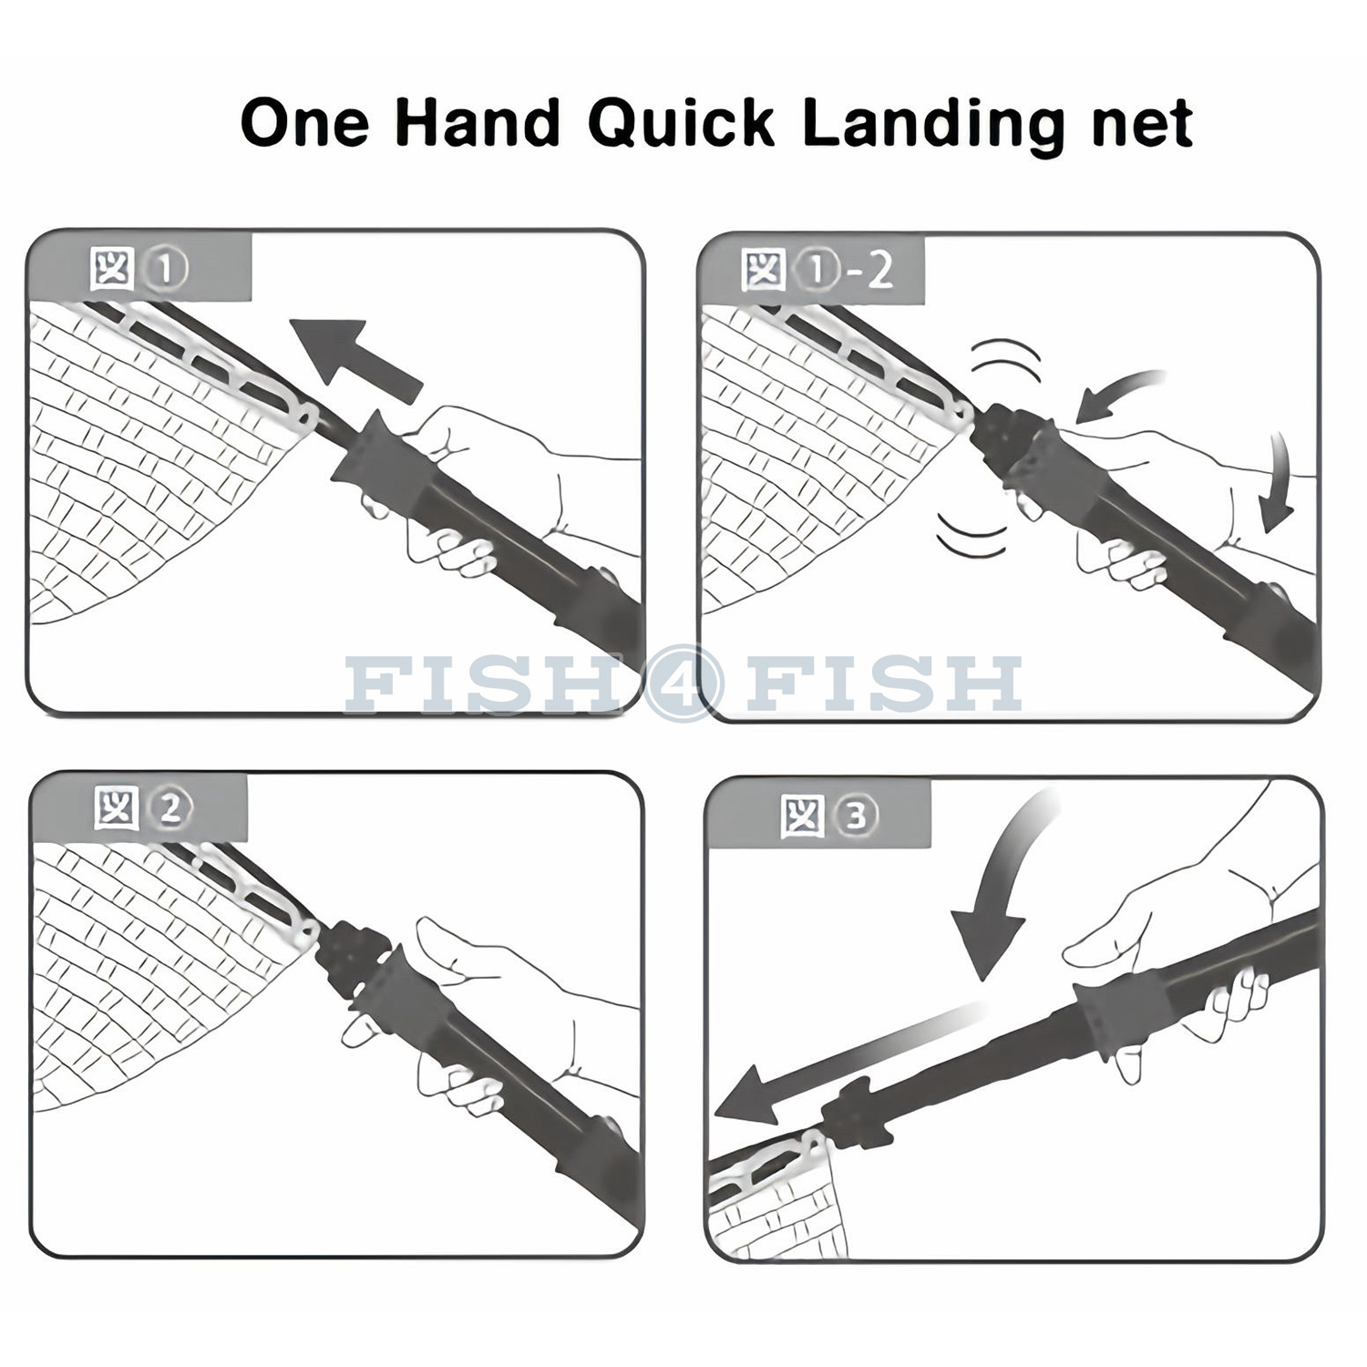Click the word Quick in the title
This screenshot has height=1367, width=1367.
681,125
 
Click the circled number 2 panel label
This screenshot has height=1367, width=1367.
170,810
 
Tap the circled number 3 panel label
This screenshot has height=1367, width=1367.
855,817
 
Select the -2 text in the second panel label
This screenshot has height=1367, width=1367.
867,272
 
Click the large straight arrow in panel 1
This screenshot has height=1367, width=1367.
356,358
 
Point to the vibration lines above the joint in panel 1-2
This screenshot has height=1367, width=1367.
1005,361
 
